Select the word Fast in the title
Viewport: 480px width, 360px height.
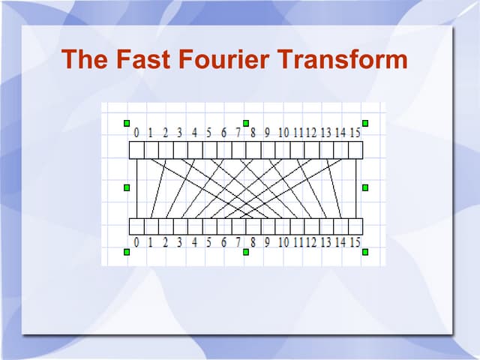pyautogui.click(x=142, y=59)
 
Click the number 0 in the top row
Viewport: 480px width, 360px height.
pyautogui.click(x=136, y=133)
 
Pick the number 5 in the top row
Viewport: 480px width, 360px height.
pyautogui.click(x=208, y=133)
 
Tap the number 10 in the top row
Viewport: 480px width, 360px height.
pyautogui.click(x=283, y=133)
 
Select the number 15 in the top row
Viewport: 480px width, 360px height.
pyautogui.click(x=355, y=133)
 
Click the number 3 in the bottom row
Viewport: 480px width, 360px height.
pyautogui.click(x=180, y=242)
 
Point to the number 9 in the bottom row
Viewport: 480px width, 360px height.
pyautogui.click(x=267, y=242)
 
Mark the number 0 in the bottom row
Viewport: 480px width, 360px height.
pyautogui.click(x=136, y=242)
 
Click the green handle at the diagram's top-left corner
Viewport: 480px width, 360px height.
pyautogui.click(x=127, y=123)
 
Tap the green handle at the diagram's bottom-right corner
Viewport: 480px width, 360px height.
pyautogui.click(x=365, y=252)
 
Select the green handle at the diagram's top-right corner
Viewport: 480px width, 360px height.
pyautogui.click(x=365, y=123)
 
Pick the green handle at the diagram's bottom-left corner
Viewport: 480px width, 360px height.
pyautogui.click(x=127, y=252)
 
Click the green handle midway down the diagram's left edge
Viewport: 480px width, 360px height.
pyautogui.click(x=127, y=187)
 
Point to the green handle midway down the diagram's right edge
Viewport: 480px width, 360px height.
pyautogui.click(x=365, y=187)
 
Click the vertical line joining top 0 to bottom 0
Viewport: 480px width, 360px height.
pyautogui.click(x=136, y=187)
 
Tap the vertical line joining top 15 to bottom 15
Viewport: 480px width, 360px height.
pyautogui.click(x=355, y=187)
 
